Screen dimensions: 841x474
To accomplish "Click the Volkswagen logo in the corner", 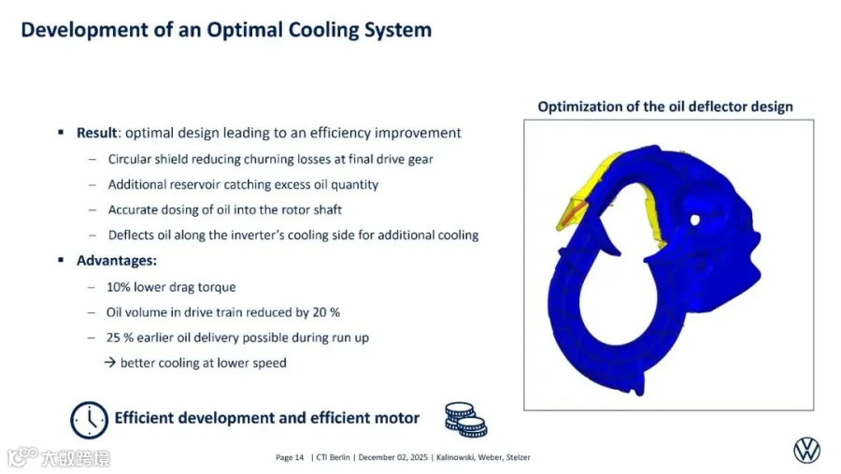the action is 806,450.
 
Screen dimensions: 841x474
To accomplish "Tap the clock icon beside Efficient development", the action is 89,420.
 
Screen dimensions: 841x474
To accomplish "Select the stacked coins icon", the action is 465,419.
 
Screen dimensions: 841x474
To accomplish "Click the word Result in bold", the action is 96,133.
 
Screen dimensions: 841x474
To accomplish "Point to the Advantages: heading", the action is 117,260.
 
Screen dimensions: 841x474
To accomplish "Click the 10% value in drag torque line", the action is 119,287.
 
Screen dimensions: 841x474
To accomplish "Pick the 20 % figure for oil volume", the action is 326,312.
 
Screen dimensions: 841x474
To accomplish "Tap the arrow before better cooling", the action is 110,363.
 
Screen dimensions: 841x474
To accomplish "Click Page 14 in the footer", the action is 290,457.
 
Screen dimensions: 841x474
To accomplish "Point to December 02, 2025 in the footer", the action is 393,457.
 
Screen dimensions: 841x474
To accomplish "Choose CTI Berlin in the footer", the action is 333,457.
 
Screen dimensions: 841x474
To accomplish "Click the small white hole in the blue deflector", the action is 695,220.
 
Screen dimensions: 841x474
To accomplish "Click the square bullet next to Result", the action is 61,132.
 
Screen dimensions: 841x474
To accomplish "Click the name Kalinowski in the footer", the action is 455,457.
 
